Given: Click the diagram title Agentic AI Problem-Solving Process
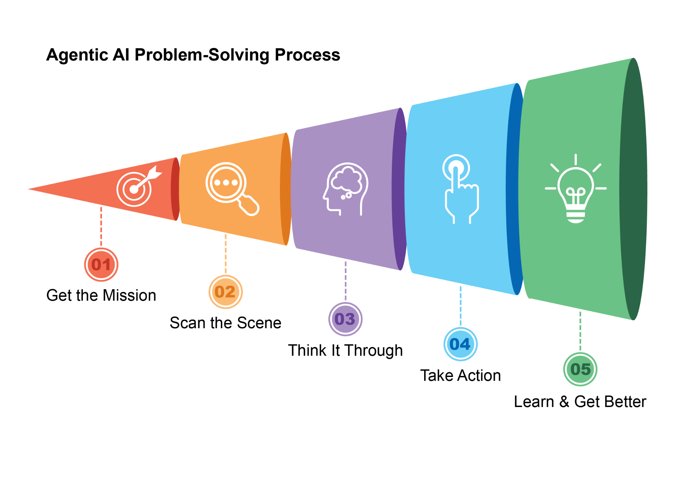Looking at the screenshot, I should pos(193,55).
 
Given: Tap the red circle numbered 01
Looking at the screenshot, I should pos(101,265).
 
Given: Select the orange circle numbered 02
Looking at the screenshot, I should pos(225,292).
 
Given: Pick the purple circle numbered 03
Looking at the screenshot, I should pos(345,319).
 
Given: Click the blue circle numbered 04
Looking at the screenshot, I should pos(460,344).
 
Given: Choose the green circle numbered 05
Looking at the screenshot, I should pos(580,369).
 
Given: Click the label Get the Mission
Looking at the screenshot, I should pos(101,295).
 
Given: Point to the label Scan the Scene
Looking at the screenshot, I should pos(225,323).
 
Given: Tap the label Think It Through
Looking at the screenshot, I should pos(345,350).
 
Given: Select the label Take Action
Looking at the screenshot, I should pos(460,376).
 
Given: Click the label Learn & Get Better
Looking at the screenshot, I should pos(580,402).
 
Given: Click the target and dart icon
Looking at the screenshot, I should pos(137,187).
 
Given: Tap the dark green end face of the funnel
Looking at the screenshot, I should pos(633,189).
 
